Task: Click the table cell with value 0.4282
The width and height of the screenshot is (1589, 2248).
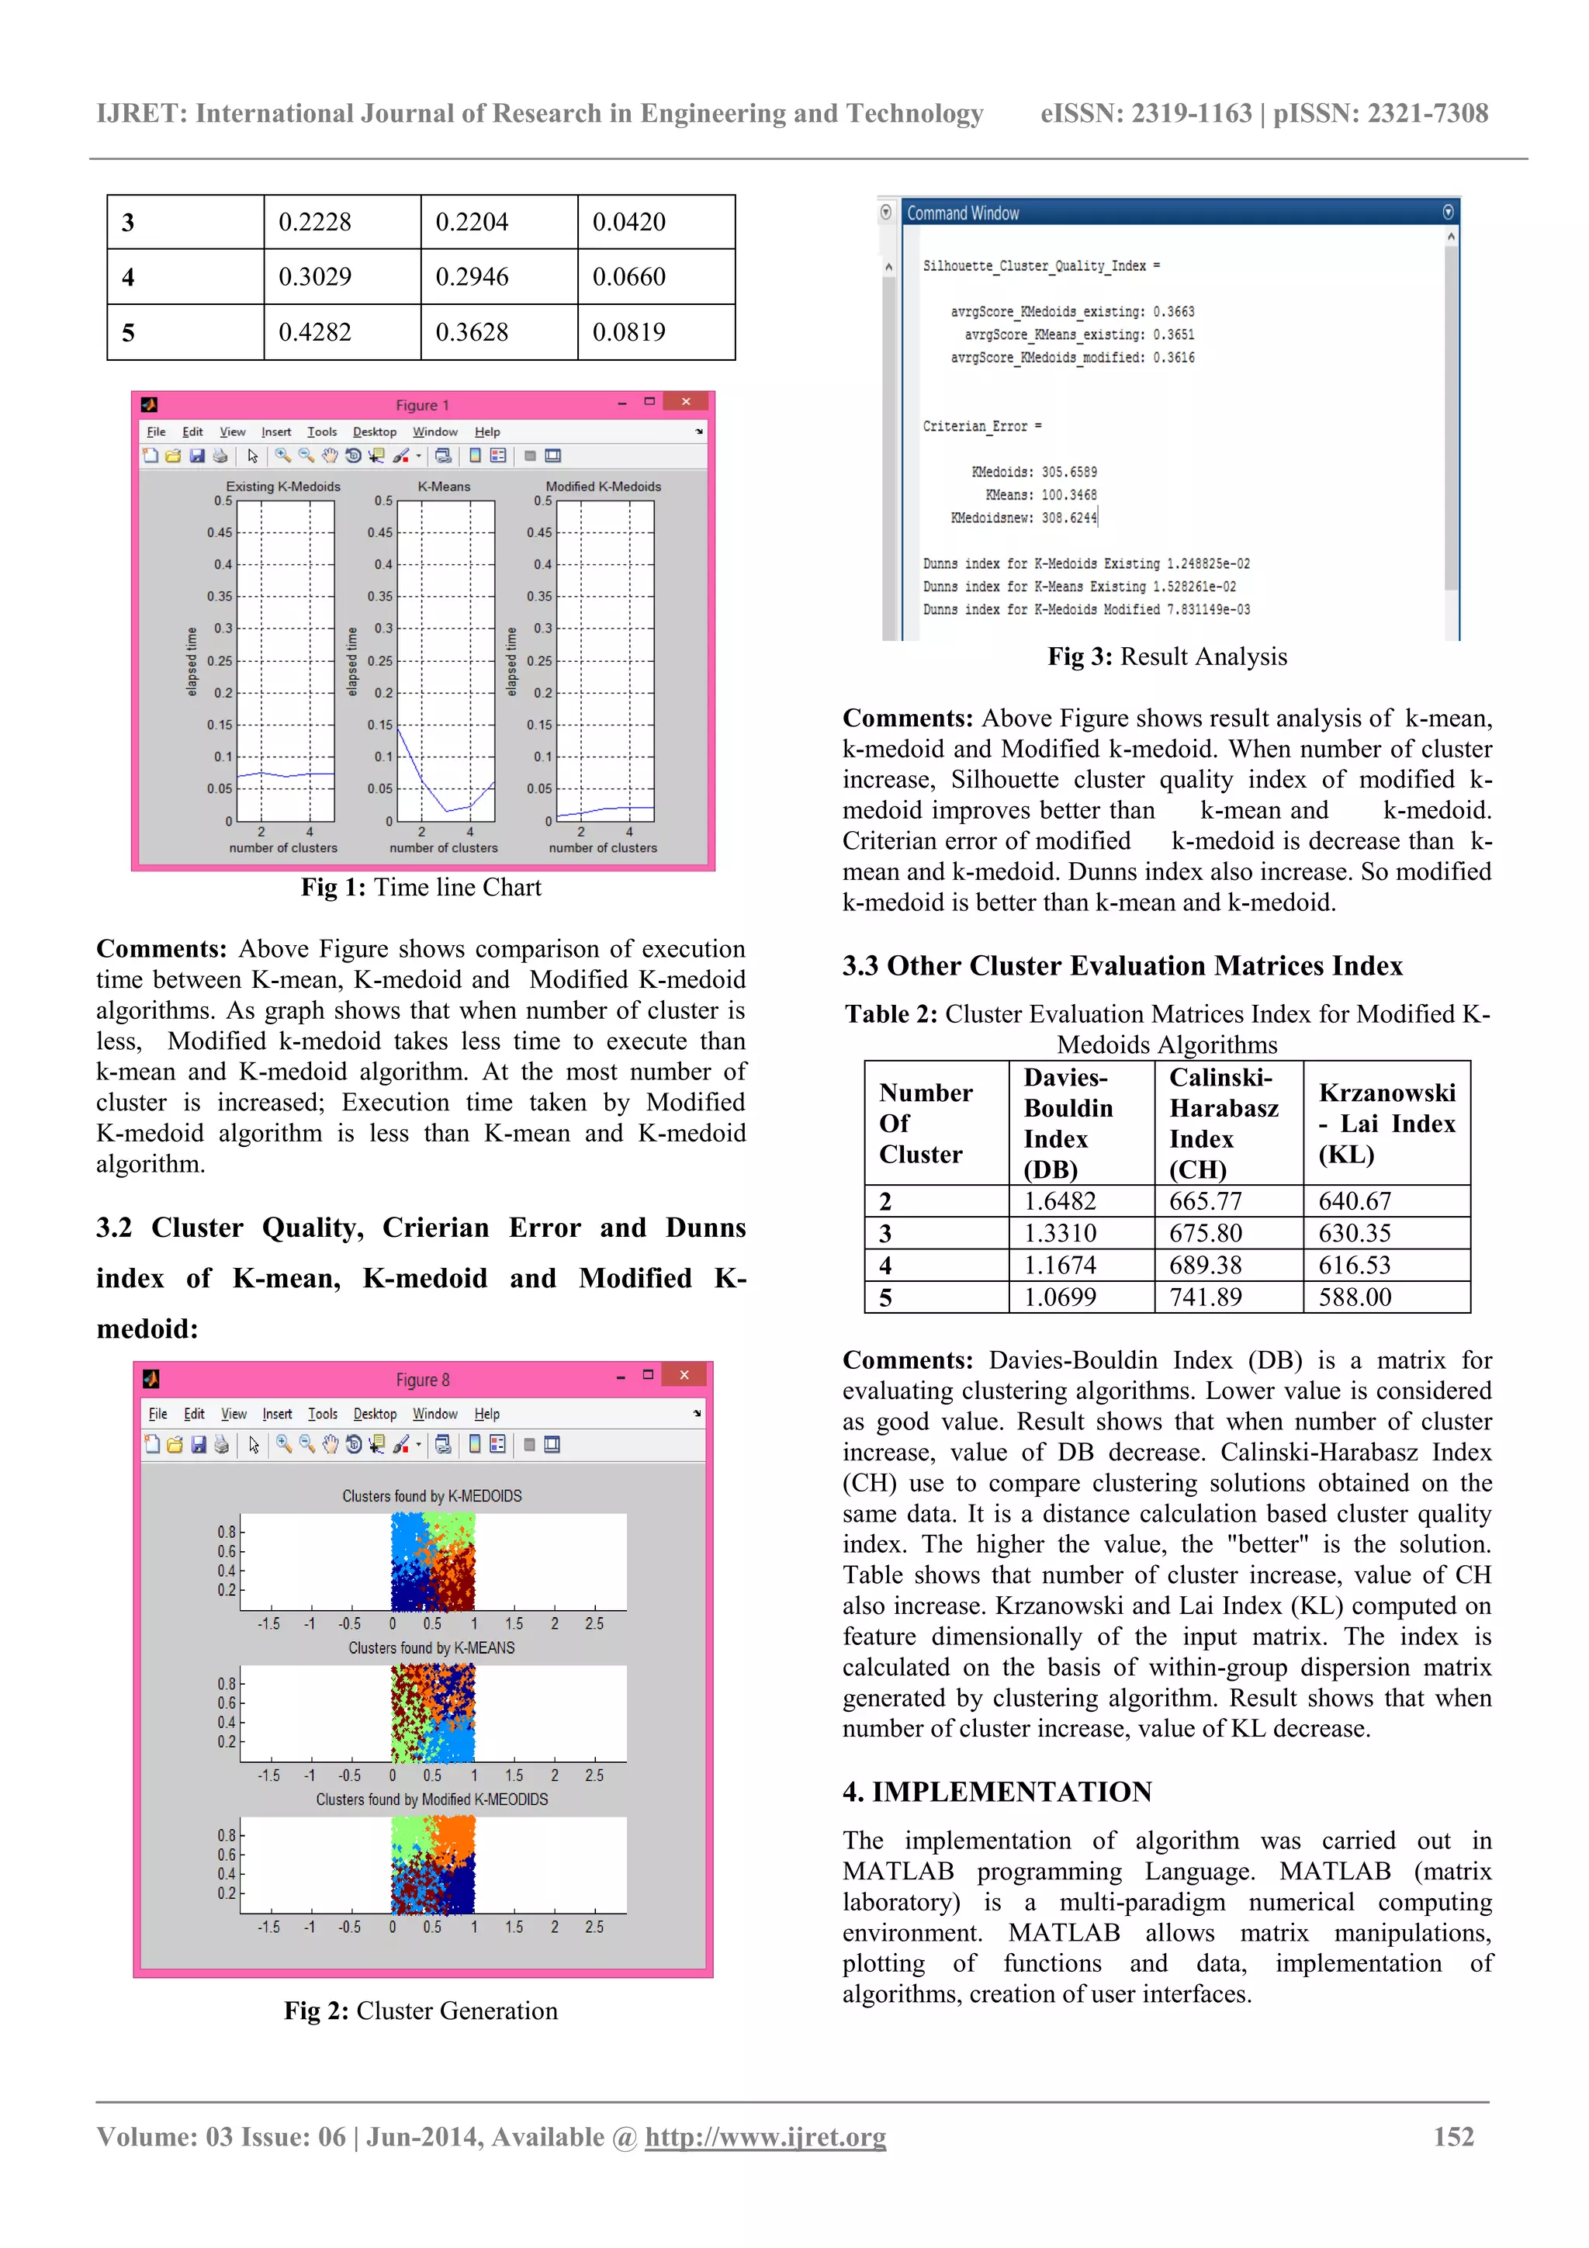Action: coord(314,332)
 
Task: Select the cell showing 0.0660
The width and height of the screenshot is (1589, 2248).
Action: coord(628,277)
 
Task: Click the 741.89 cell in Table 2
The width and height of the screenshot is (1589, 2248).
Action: coord(1205,1297)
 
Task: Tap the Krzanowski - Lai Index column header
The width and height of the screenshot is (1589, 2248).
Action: coord(1386,1123)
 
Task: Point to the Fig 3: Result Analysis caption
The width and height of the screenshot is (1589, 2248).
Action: coord(1167,657)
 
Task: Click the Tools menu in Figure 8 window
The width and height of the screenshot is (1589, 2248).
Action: coord(322,1414)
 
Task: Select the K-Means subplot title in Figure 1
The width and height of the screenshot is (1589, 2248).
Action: coord(444,487)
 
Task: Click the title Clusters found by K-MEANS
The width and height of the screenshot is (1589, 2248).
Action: coord(431,1648)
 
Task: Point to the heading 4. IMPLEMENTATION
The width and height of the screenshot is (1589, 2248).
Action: coord(997,1792)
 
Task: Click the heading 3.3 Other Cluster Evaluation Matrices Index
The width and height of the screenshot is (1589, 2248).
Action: coord(1122,966)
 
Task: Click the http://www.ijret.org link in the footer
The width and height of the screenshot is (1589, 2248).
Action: coord(765,2137)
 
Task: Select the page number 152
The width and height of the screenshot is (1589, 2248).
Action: coord(1453,2137)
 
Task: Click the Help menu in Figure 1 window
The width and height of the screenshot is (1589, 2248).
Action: coord(486,431)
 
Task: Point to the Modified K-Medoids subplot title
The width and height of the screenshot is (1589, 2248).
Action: coord(603,487)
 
